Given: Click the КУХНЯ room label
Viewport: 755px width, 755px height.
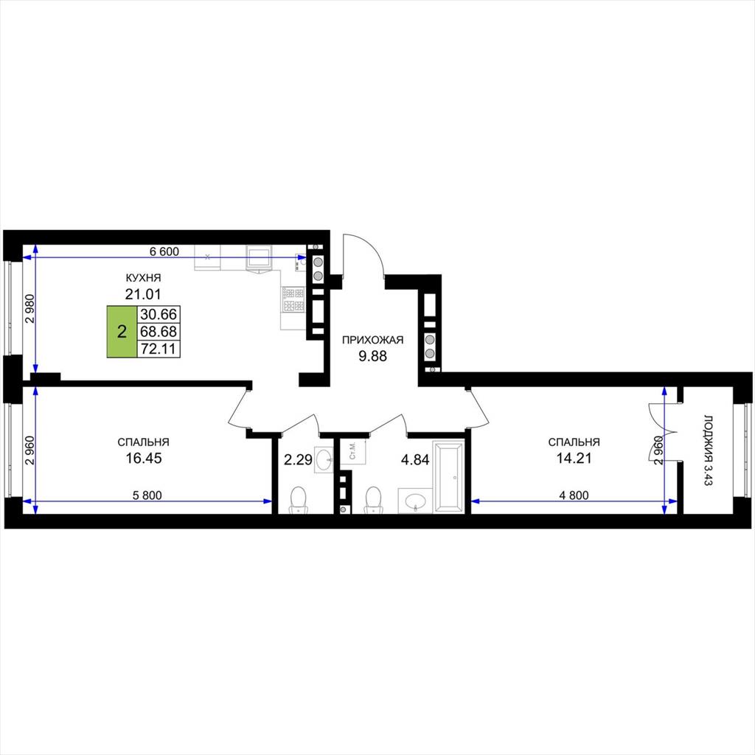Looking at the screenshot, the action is [x=143, y=278].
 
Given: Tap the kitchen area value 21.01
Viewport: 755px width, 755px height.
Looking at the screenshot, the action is [x=143, y=293].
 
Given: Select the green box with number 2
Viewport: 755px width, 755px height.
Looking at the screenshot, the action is [x=122, y=331].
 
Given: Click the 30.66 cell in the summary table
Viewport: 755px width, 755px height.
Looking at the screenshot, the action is [x=159, y=314].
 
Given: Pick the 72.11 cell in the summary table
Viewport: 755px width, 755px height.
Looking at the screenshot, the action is [x=159, y=349].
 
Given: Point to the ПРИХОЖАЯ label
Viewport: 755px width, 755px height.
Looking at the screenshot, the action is [x=372, y=341].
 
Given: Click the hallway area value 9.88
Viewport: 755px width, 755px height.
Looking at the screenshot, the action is [x=372, y=356].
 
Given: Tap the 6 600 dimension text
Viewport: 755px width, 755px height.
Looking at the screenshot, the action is [x=164, y=251].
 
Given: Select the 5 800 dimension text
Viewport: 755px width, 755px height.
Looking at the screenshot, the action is [x=147, y=495].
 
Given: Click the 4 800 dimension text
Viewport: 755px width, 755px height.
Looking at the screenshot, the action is [x=574, y=495].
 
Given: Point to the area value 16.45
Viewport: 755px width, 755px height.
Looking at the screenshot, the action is [x=144, y=459].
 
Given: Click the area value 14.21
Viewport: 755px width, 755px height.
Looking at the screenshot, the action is [x=574, y=459].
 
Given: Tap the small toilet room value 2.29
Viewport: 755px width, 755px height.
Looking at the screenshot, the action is [x=298, y=460].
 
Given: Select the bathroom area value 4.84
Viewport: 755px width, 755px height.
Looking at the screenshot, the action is [x=415, y=460].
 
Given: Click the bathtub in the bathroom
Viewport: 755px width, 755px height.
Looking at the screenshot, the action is [x=448, y=476].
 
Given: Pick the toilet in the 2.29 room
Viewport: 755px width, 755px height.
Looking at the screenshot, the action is [x=299, y=500].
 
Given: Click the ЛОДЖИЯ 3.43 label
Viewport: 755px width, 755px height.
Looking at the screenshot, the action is [x=707, y=450].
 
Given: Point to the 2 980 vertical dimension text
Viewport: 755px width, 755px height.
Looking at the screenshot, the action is [x=30, y=308].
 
